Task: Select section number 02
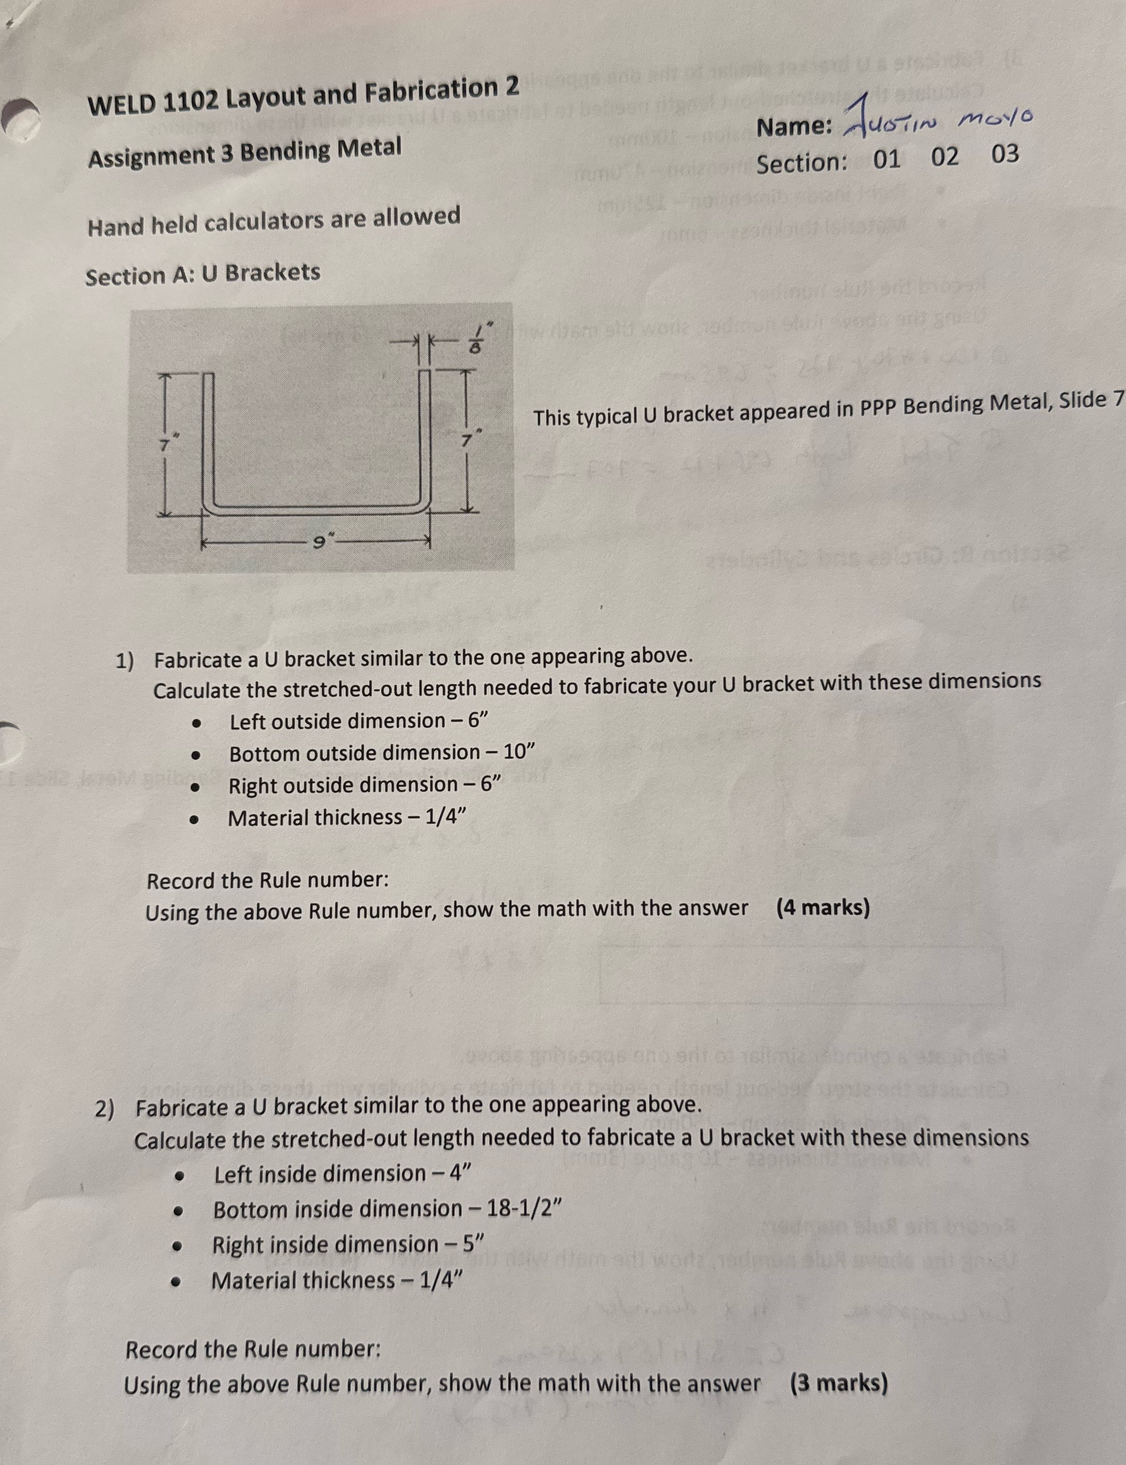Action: (x=945, y=158)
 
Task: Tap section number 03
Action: (x=1005, y=155)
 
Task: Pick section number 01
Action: (x=887, y=160)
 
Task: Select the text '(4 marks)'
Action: (x=823, y=908)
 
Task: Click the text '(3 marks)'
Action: (x=839, y=1383)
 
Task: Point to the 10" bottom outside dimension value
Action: (x=518, y=752)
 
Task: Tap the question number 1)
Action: (x=125, y=661)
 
